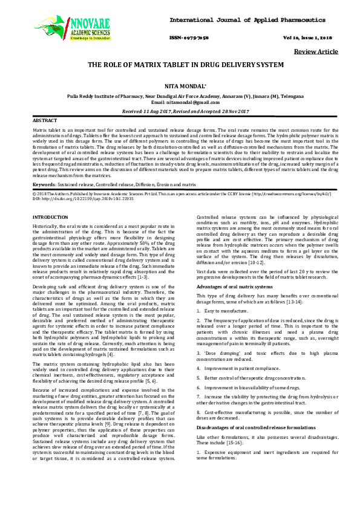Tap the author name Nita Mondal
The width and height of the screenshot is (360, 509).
click(180, 88)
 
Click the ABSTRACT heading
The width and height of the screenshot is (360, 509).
click(45, 121)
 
